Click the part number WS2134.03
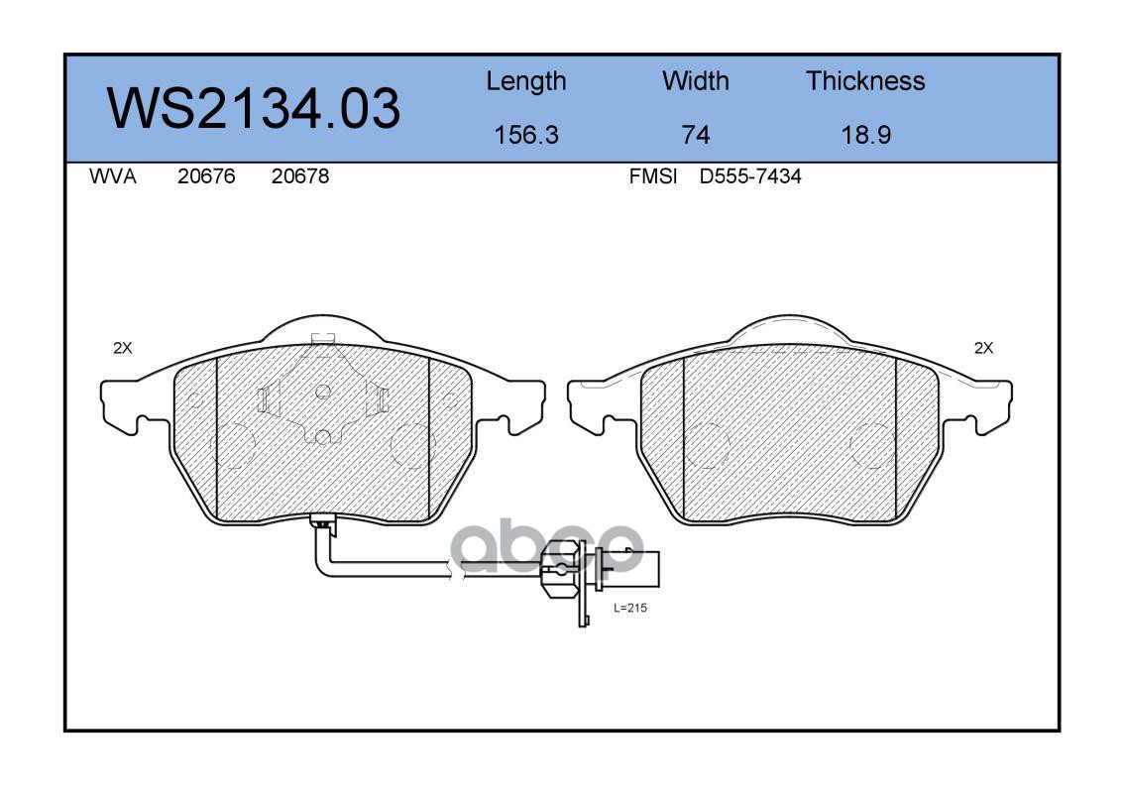pos(254,108)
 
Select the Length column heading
pos(526,81)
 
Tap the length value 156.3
pos(526,134)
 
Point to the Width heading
pos(695,80)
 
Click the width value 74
pos(695,134)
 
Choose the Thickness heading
pos(865,80)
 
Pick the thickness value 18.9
pos(866,134)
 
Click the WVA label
pos(113,176)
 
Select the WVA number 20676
pos(206,176)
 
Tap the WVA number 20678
pos(300,176)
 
